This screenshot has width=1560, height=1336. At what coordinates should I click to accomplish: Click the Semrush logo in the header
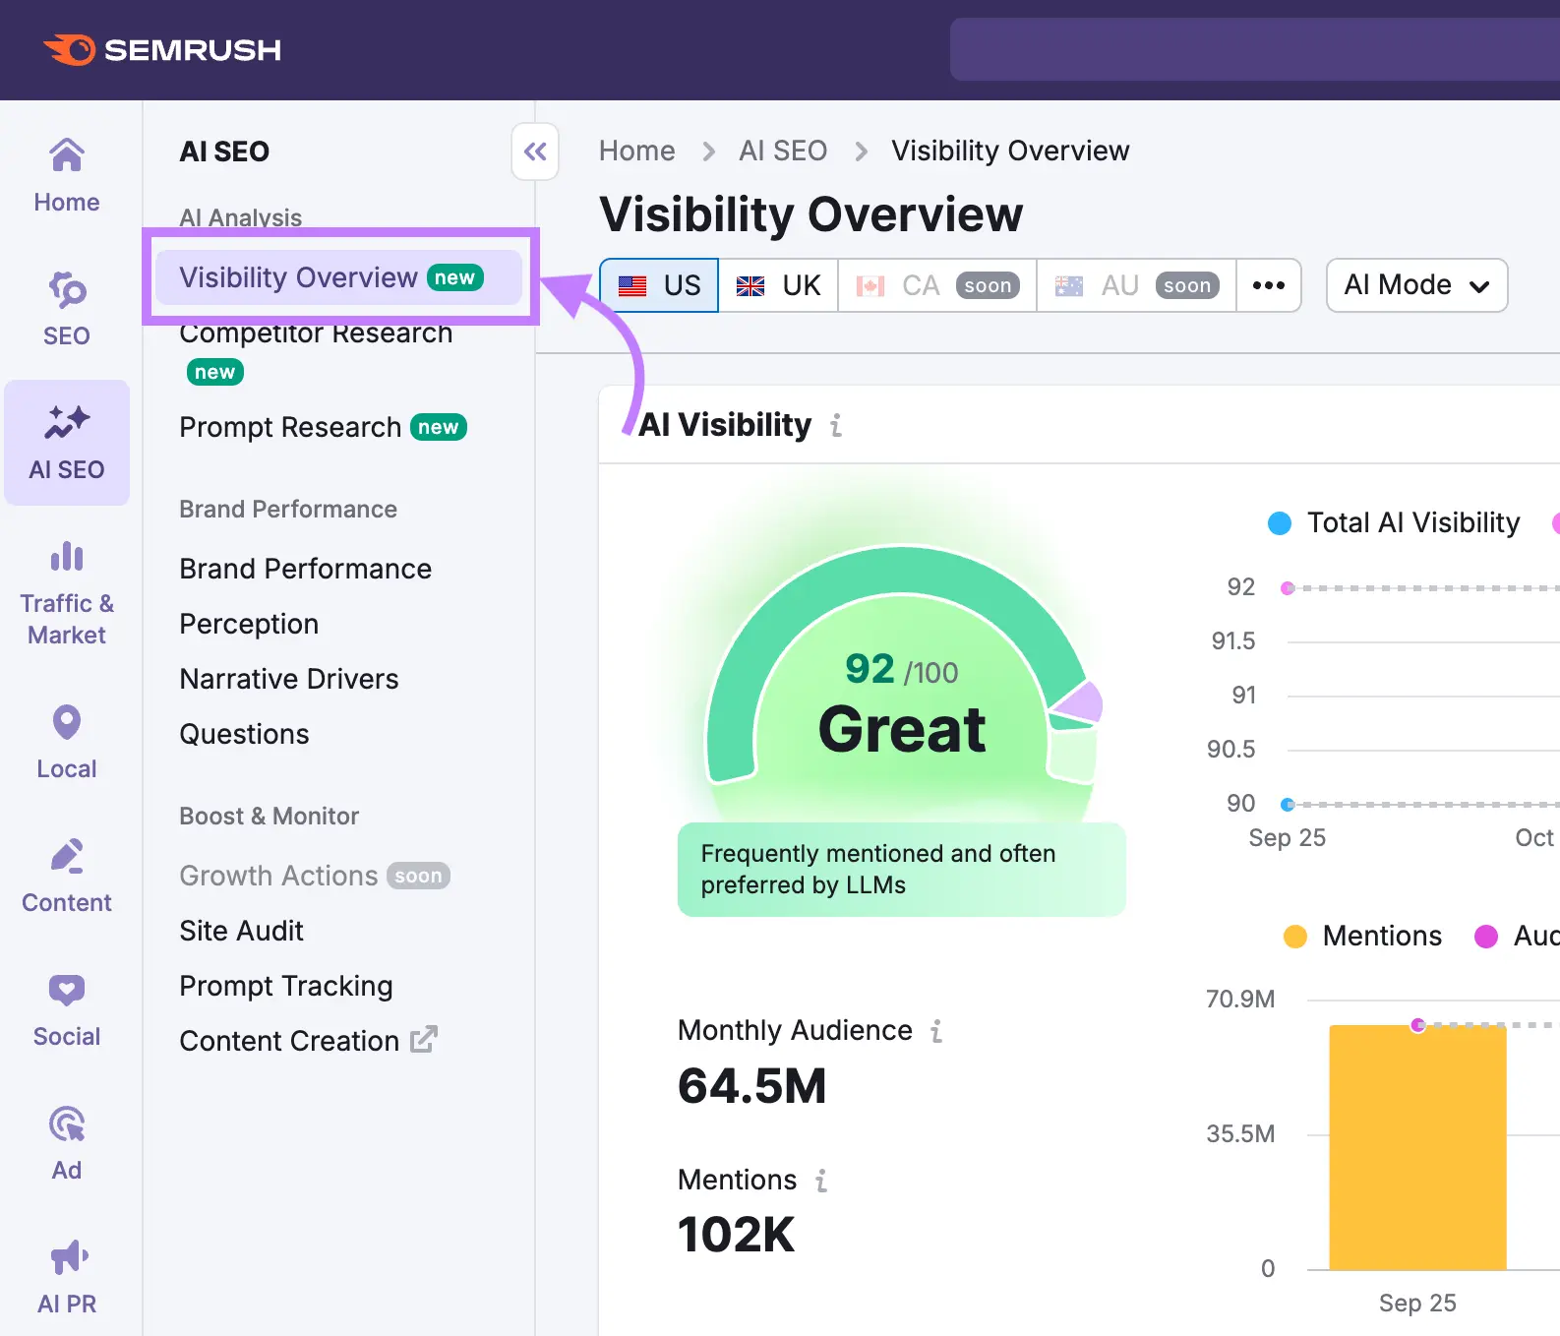pyautogui.click(x=162, y=49)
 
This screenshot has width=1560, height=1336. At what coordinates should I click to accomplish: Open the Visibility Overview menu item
pyautogui.click(x=299, y=277)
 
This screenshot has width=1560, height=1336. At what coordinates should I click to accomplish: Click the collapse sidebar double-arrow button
pyautogui.click(x=535, y=152)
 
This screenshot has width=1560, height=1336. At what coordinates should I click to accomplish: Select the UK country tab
pyautogui.click(x=778, y=285)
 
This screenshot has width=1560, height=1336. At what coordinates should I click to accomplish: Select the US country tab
pyautogui.click(x=659, y=285)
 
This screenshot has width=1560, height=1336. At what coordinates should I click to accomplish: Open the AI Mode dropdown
pyautogui.click(x=1415, y=285)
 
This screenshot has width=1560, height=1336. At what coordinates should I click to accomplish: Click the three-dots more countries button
pyautogui.click(x=1268, y=285)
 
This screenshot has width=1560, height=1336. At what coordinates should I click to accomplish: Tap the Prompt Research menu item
pyautogui.click(x=290, y=427)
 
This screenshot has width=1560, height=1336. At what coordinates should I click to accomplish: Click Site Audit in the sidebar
pyautogui.click(x=241, y=931)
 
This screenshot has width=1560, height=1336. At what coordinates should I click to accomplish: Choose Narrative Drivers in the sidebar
pyautogui.click(x=289, y=679)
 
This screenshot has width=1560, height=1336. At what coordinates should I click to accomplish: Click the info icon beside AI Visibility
pyautogui.click(x=836, y=425)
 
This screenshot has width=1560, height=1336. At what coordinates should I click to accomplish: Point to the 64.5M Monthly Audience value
pyautogui.click(x=752, y=1086)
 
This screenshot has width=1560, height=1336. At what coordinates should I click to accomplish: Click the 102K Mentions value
pyautogui.click(x=736, y=1235)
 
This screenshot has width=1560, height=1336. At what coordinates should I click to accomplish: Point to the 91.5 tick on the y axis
pyautogui.click(x=1232, y=641)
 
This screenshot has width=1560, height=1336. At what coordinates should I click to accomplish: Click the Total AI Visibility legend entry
pyautogui.click(x=1395, y=522)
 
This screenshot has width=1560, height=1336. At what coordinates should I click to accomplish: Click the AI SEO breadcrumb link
pyautogui.click(x=783, y=151)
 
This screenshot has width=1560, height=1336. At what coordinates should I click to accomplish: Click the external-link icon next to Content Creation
pyautogui.click(x=423, y=1040)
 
